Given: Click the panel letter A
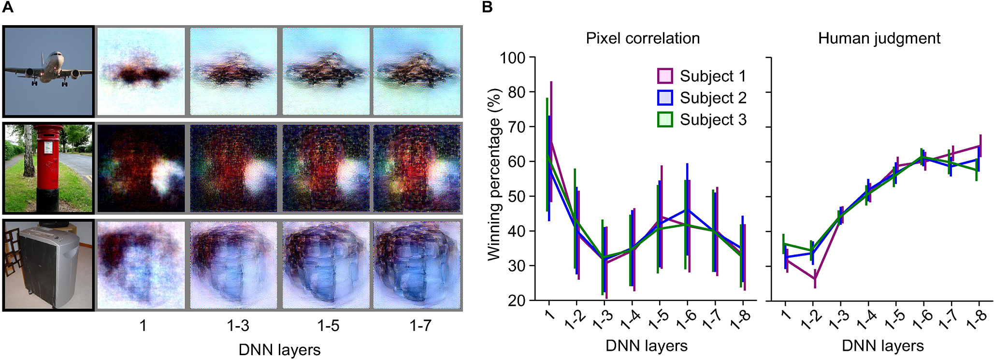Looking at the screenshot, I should tap(8, 8).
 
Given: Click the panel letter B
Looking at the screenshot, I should tap(488, 8).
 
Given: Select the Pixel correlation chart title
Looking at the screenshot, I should tap(643, 38).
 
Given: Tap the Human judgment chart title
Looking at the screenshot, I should tap(879, 38).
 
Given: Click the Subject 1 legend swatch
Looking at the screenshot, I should tap(665, 76).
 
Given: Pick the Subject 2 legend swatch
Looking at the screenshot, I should tap(665, 98).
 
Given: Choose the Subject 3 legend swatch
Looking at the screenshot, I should tap(665, 119).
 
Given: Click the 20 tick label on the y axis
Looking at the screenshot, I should tap(517, 301).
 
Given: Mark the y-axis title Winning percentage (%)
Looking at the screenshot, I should tap(494, 174).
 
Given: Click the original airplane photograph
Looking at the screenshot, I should tap(47, 72).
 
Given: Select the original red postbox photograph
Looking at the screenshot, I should tap(47, 168).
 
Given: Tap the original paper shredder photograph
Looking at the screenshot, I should tap(47, 264).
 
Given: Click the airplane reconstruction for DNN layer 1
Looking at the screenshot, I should tap(141, 72).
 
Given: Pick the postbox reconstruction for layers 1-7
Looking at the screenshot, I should tap(417, 168).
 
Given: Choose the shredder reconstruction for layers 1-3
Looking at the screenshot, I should tap(234, 264).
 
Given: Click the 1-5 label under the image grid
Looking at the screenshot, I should tap(328, 326).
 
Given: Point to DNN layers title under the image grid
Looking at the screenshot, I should tap(279, 350).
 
